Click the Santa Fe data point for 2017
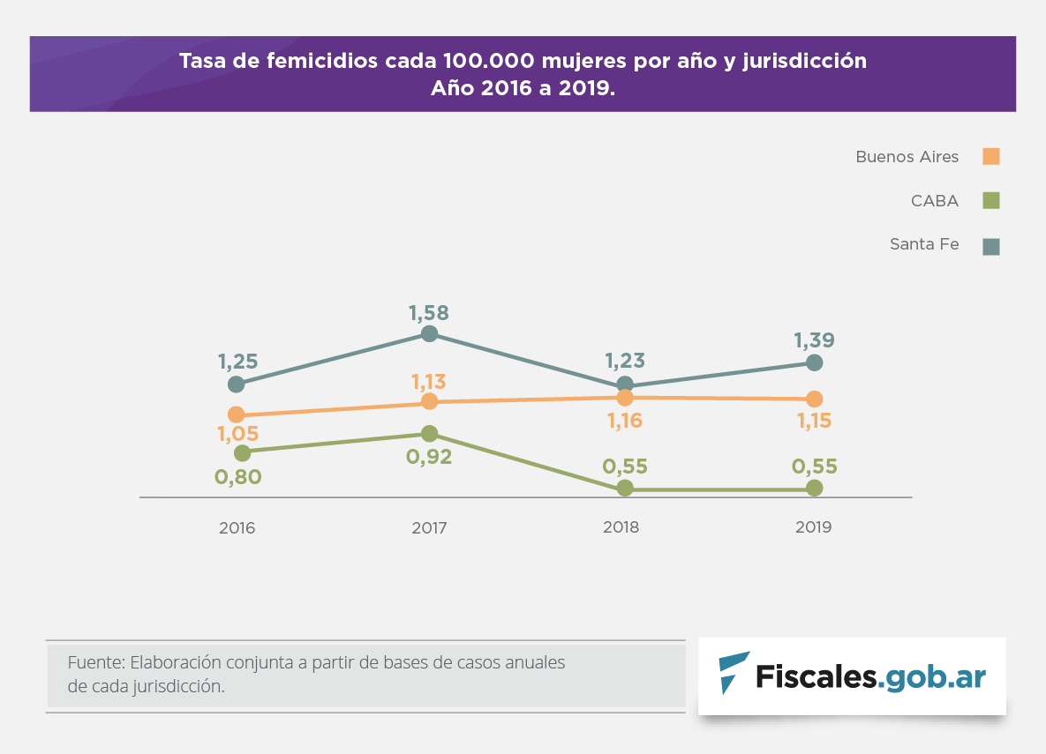429,333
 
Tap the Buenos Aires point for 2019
814,399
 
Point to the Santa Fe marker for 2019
815,362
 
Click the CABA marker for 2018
625,488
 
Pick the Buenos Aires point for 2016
236,414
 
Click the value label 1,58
429,312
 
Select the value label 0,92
429,457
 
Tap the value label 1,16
625,421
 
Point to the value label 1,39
814,340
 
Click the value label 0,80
238,477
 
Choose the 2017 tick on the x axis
429,528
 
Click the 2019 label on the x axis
814,527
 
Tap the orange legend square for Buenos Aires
991,157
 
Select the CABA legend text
935,201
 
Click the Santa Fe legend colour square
991,246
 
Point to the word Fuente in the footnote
94,662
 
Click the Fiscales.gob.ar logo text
870,676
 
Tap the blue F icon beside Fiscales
733,672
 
